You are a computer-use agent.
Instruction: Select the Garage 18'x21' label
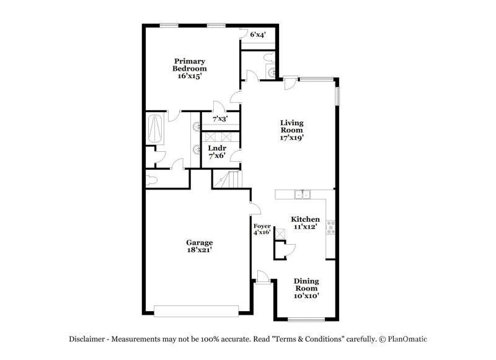point(200,246)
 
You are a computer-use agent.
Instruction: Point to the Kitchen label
point(306,223)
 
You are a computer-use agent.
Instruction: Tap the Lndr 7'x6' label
point(216,152)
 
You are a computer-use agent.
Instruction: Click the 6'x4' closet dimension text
point(258,35)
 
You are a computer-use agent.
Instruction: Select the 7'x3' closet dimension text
point(220,118)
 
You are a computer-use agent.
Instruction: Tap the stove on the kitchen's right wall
point(332,227)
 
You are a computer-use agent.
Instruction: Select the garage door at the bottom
point(197,310)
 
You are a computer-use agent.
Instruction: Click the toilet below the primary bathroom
point(153,180)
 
